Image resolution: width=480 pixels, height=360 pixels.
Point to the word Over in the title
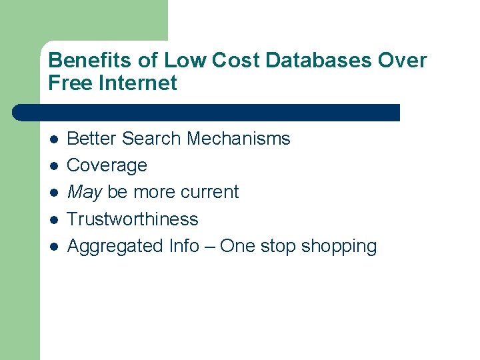coord(402,61)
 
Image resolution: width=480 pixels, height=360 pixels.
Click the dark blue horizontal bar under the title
coord(207,113)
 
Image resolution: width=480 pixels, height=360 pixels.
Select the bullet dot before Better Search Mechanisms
coord(54,139)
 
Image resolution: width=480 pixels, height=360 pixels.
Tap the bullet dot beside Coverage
coord(54,166)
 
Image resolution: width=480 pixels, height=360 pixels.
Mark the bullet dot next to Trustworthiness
coord(54,219)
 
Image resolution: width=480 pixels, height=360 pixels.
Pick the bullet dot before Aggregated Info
coord(54,247)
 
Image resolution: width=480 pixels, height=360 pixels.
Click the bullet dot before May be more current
coord(54,193)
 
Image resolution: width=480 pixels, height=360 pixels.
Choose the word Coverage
coord(107,165)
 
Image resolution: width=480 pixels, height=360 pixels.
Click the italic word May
coord(85,193)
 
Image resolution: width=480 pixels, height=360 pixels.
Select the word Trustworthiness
coord(133,219)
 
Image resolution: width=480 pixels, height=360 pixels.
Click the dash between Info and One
coord(209,246)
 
